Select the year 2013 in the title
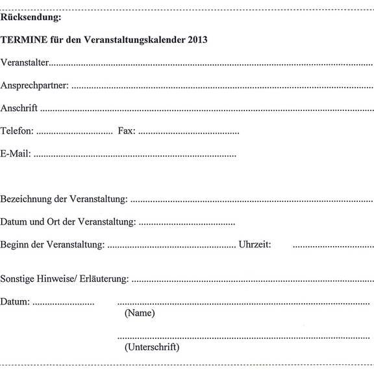click(196, 40)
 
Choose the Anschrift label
click(19, 108)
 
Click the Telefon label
click(17, 131)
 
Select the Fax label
click(126, 131)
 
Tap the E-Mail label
click(16, 154)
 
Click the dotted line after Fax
click(189, 133)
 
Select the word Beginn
click(16, 245)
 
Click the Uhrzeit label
click(255, 245)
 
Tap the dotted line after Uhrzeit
click(333, 247)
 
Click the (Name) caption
click(139, 313)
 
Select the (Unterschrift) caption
click(152, 347)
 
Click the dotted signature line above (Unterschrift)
click(243, 337)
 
